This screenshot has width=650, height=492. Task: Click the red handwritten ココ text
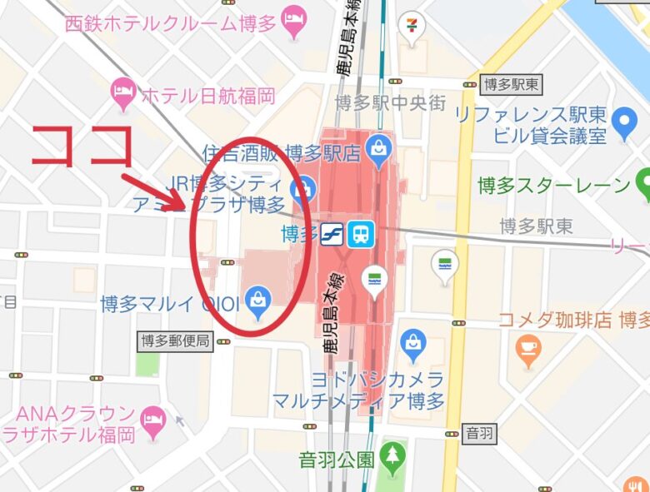[84, 147]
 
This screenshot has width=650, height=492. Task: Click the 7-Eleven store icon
[410, 25]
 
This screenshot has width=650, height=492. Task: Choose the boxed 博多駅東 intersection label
[511, 83]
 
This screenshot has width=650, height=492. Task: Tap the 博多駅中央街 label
[390, 102]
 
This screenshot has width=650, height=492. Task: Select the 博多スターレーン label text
[553, 185]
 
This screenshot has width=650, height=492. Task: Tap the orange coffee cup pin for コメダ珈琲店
[528, 349]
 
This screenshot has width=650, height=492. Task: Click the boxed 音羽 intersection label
[478, 432]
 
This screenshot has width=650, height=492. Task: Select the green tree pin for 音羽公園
[392, 456]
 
